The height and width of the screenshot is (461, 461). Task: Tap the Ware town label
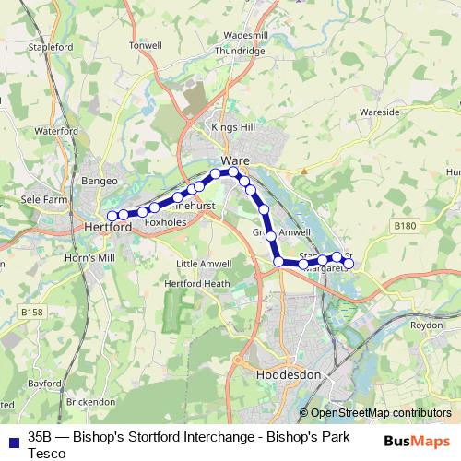pyautogui.click(x=234, y=160)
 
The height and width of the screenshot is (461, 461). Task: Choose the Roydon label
pyautogui.click(x=427, y=325)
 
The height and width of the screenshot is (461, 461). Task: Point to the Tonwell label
pyautogui.click(x=146, y=45)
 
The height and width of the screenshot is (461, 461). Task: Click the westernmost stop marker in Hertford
pyautogui.click(x=112, y=216)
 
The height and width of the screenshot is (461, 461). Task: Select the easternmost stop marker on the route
pyautogui.click(x=349, y=264)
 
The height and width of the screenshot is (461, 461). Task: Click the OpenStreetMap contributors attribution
pyautogui.click(x=374, y=413)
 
